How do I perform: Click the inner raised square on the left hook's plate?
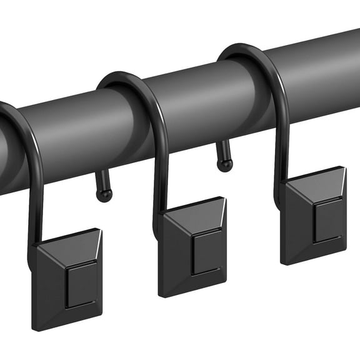click(82, 285)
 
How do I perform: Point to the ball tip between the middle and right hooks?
click(225, 164)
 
